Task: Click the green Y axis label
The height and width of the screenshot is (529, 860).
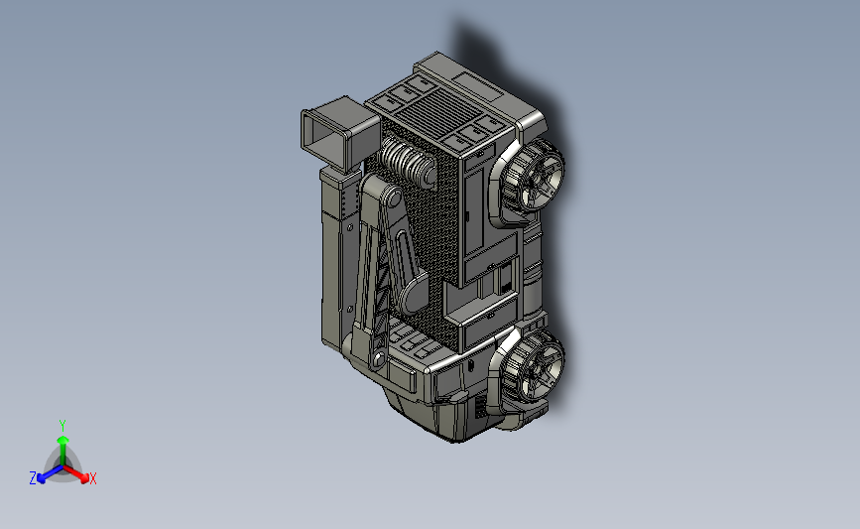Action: point(62,426)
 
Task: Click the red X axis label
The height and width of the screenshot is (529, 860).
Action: point(92,478)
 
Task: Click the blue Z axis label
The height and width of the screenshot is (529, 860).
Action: point(33,478)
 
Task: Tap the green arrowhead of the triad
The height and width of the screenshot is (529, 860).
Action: point(62,441)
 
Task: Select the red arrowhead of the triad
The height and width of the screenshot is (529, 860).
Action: point(84,478)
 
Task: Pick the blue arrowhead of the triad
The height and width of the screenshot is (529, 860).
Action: point(41,479)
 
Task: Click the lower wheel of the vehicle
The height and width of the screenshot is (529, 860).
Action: point(533,366)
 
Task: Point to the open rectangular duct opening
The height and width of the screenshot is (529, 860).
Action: point(323,137)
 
